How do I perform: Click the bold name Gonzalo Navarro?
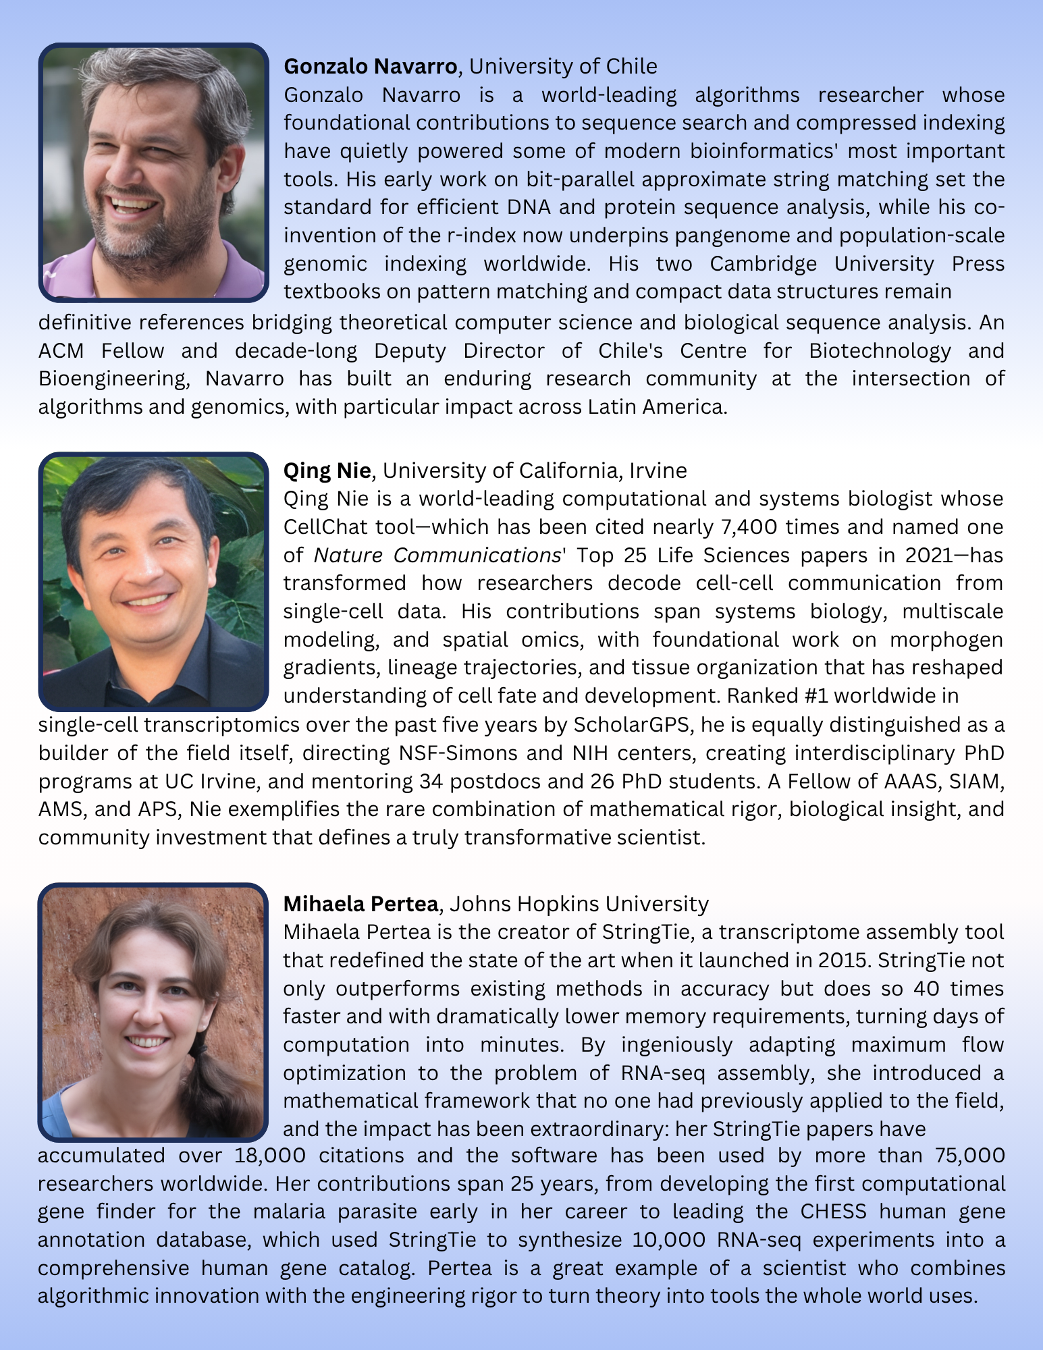point(371,66)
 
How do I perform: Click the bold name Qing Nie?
point(327,470)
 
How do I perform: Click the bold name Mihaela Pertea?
point(360,903)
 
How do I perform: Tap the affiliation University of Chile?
point(563,66)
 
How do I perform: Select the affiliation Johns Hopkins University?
point(579,903)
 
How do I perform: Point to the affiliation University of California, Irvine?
point(535,470)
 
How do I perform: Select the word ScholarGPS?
point(635,724)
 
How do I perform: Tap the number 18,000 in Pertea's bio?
point(270,1155)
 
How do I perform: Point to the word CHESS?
point(833,1211)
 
